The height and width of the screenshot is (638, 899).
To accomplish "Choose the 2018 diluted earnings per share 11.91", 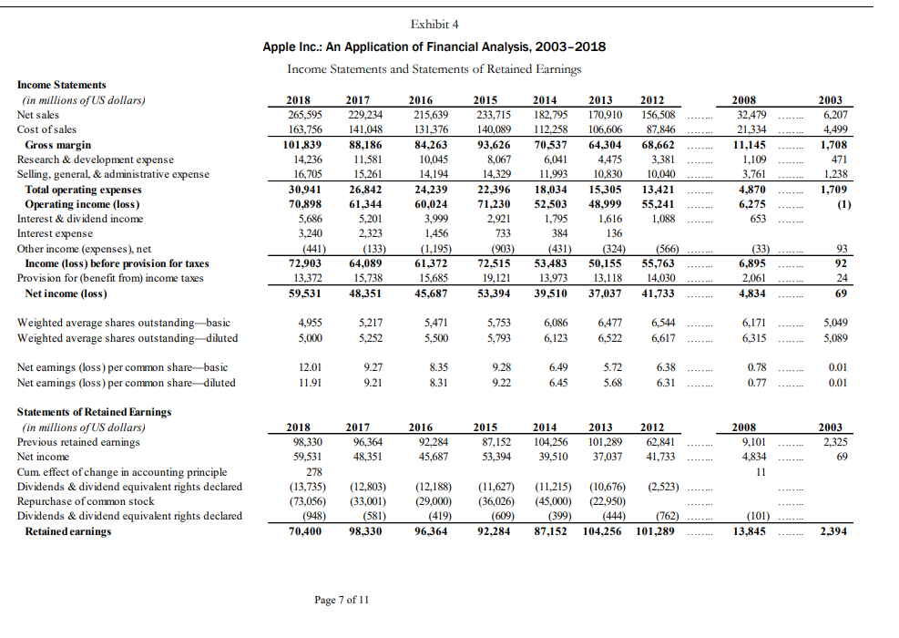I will (x=307, y=383).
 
